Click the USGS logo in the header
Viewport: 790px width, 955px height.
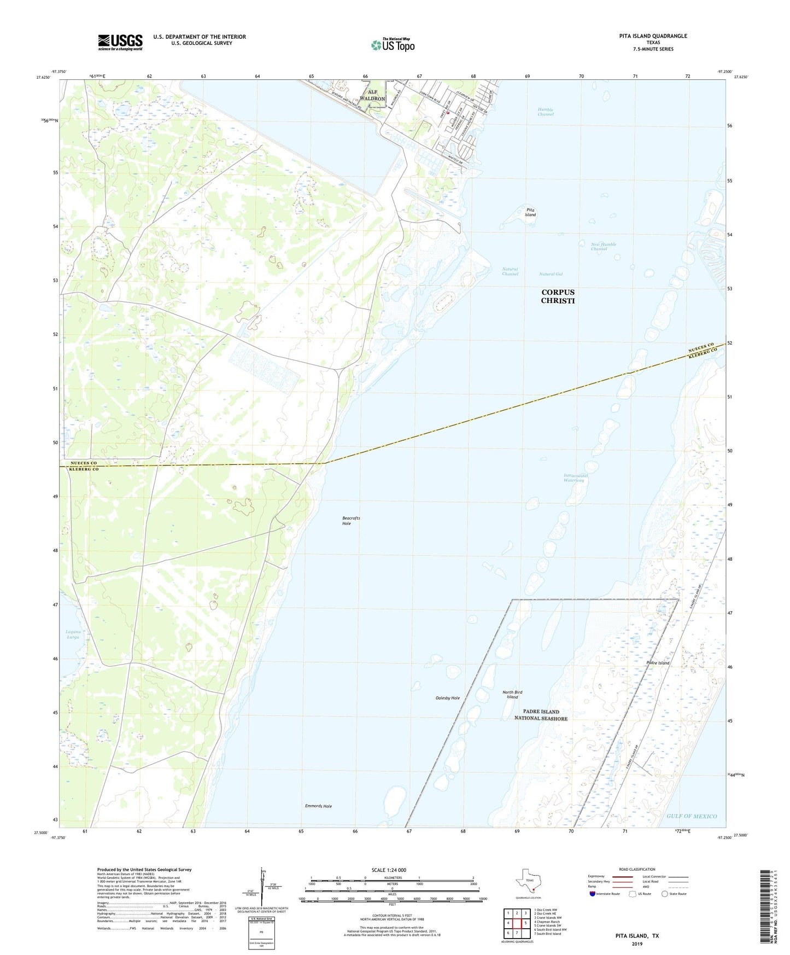pos(120,42)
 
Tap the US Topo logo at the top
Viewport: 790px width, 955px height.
pos(393,45)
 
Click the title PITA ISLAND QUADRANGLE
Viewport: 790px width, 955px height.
pos(653,36)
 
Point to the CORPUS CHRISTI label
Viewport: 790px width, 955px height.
pos(558,296)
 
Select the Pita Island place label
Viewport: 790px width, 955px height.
pos(530,212)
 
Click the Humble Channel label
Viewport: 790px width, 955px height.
pos(545,112)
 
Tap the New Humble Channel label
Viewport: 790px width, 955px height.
pos(603,247)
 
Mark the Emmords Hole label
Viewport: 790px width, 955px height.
pos(318,806)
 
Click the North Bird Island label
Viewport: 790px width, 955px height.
pos(512,695)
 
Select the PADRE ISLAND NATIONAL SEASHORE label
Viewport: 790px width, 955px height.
pos(540,715)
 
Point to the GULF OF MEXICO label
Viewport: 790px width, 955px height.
pos(691,816)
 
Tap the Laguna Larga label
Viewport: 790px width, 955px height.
pos(73,634)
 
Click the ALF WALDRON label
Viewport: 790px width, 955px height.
pos(372,95)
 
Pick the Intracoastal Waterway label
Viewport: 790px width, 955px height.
pos(575,478)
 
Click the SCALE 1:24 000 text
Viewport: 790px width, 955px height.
pos(389,870)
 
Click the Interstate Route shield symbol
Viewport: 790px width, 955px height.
pos(593,894)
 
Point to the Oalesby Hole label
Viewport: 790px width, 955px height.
pos(447,698)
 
